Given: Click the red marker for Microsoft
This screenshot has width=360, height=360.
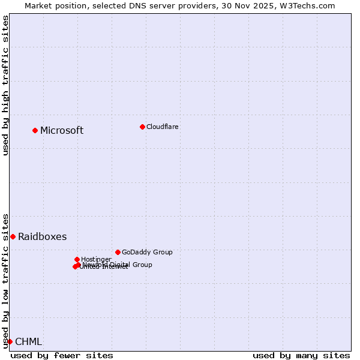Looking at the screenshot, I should coord(35,130).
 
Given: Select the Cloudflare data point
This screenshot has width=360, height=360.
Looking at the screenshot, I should coord(142,127).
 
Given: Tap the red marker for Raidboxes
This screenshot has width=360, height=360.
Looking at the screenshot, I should coord(13,236).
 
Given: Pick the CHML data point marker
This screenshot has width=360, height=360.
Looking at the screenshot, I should coord(10,341).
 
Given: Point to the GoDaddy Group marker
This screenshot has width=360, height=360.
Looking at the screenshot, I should coord(118,252).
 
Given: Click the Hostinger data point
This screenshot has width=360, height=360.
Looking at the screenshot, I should coord(77,259).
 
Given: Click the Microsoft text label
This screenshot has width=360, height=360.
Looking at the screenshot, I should coord(62,131).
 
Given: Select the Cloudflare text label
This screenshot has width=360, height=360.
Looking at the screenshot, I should coord(162,127).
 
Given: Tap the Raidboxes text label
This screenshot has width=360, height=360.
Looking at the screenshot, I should coord(42,237).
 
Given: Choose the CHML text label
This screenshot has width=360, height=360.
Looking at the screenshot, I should coord(28,342).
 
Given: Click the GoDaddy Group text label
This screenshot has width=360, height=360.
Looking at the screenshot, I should coord(147,253).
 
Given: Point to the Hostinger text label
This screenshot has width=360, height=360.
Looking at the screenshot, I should coord(96,260).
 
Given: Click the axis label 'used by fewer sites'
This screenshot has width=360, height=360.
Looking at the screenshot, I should coord(62,355).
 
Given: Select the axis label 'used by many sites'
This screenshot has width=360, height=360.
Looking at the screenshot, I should coord(301,355).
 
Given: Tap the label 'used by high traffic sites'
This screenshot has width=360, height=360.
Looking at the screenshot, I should coord(6,85).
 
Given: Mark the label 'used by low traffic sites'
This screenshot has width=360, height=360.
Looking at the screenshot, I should coord(6,280).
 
